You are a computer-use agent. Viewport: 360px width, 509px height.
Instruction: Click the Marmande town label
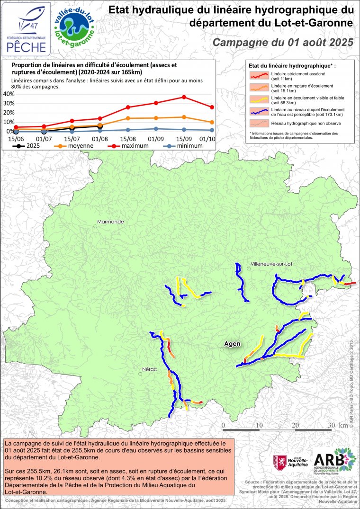click(110, 222)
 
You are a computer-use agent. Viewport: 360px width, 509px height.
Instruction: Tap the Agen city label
click(232, 344)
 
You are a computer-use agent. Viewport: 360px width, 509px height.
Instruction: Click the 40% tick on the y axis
click(9, 94)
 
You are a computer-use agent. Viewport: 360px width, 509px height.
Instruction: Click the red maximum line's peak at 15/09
click(184, 97)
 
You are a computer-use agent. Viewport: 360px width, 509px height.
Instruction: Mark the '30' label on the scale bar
click(332, 425)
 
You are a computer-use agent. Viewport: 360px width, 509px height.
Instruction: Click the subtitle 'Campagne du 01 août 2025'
click(283, 42)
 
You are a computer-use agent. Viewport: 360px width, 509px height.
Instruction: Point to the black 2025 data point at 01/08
click(100, 126)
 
